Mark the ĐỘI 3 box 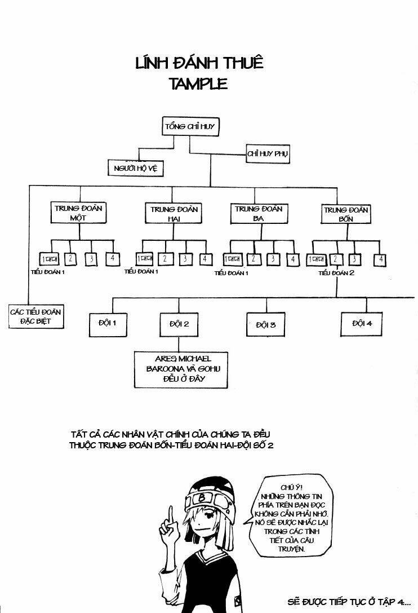pyautogui.click(x=265, y=325)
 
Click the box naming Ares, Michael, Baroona pyautogui.click(x=180, y=369)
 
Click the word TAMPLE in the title pyautogui.click(x=198, y=84)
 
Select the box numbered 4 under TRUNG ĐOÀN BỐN pyautogui.click(x=381, y=260)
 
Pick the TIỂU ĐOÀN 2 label pyautogui.click(x=336, y=273)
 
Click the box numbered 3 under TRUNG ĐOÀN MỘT pyautogui.click(x=91, y=259)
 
